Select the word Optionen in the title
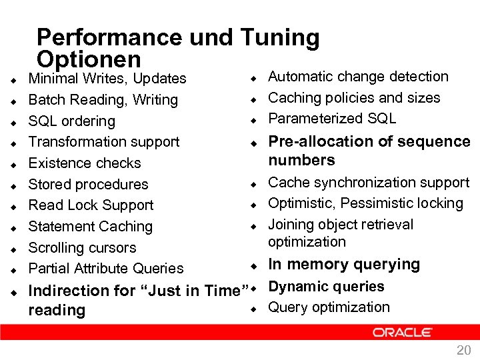click(89, 59)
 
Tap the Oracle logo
click(403, 332)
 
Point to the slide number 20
click(463, 351)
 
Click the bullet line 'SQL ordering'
click(71, 121)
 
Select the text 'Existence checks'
click(85, 163)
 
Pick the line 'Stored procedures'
click(88, 185)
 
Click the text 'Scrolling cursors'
click(82, 248)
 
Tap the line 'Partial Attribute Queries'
click(106, 269)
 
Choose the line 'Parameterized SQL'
click(332, 119)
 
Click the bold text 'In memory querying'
click(344, 265)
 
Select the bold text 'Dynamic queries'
click(326, 287)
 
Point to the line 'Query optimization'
click(329, 307)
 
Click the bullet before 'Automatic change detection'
click(254, 78)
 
